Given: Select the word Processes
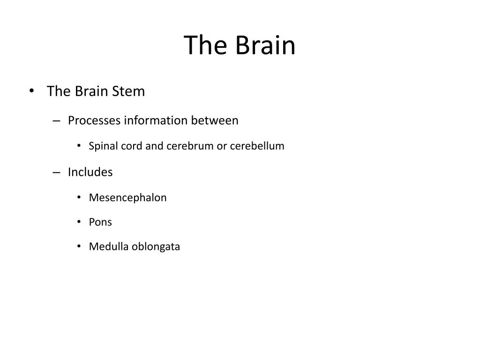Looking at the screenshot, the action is (94, 120).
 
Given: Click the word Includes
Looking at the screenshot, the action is (90, 172).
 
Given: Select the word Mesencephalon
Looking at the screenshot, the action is (127, 197).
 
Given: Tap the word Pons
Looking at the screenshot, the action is (100, 222).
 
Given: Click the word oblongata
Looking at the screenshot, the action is (156, 247).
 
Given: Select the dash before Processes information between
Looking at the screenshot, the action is (57, 121).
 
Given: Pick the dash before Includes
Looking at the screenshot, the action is (57, 172).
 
